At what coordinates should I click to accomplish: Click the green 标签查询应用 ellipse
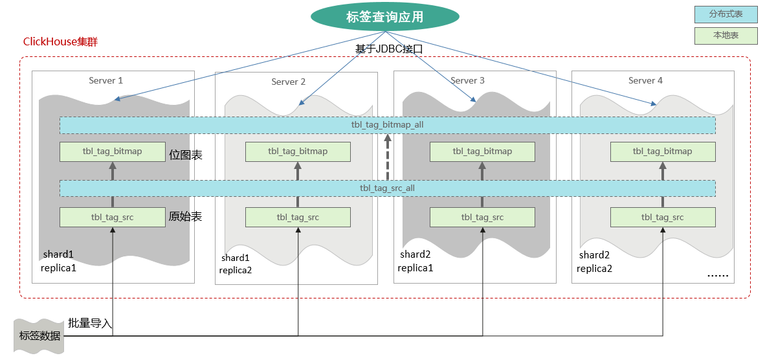point(384,17)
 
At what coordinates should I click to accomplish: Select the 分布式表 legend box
point(726,14)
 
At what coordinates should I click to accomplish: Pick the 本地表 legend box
point(726,36)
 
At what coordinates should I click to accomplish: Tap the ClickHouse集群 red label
point(60,41)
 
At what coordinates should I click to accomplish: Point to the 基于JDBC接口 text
point(388,49)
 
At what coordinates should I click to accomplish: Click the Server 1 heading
point(105,80)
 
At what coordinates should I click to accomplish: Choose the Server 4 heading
point(645,80)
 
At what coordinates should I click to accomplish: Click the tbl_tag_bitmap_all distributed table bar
point(387,124)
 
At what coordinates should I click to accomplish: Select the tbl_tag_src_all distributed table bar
point(387,188)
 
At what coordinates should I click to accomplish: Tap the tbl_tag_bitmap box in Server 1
point(112,152)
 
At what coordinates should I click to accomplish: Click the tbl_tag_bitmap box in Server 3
point(482,152)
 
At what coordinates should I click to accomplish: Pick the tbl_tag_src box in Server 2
point(298,218)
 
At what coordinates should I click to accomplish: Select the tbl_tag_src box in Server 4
point(663,218)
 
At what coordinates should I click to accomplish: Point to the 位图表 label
point(186,155)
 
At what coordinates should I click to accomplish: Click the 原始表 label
point(185,217)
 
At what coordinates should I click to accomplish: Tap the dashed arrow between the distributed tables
point(388,157)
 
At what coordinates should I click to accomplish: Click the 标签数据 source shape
point(39,335)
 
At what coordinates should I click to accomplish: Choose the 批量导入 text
point(90,323)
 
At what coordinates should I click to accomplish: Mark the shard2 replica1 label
point(416,261)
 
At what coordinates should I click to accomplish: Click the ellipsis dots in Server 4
point(717,275)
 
